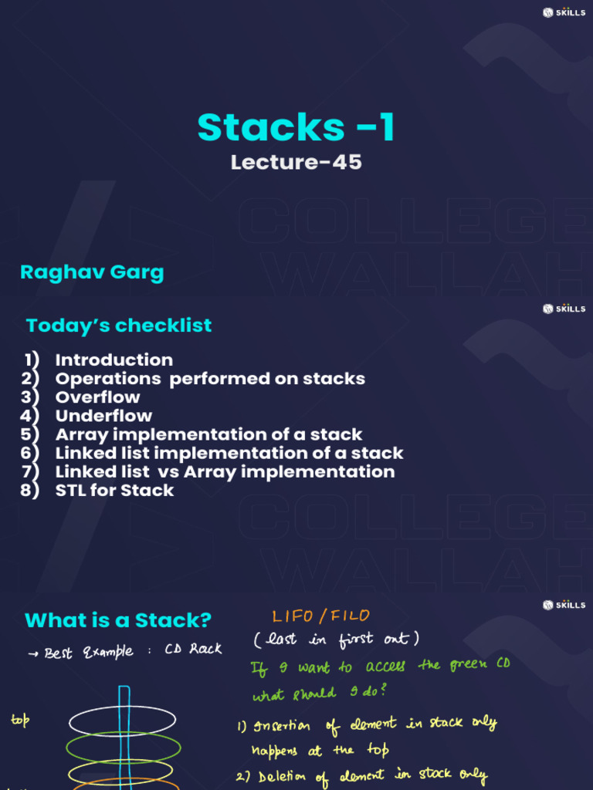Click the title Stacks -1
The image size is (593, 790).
[296, 127]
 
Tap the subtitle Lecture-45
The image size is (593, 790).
[296, 162]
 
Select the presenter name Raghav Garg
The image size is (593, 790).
[93, 272]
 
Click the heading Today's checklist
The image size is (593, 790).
[119, 326]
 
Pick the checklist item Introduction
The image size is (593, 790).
[114, 360]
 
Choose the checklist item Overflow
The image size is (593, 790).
[98, 397]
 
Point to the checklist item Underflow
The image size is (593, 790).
[104, 416]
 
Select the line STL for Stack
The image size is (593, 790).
[114, 490]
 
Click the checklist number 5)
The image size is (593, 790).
[30, 435]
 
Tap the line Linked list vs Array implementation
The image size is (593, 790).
[225, 472]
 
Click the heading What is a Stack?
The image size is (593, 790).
[118, 620]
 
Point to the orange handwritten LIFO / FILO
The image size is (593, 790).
[321, 616]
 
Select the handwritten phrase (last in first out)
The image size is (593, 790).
[337, 639]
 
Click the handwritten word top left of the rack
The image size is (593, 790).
[20, 720]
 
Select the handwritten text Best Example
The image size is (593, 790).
[89, 653]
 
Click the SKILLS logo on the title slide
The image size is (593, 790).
[564, 12]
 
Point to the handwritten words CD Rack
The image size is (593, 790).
[193, 649]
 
